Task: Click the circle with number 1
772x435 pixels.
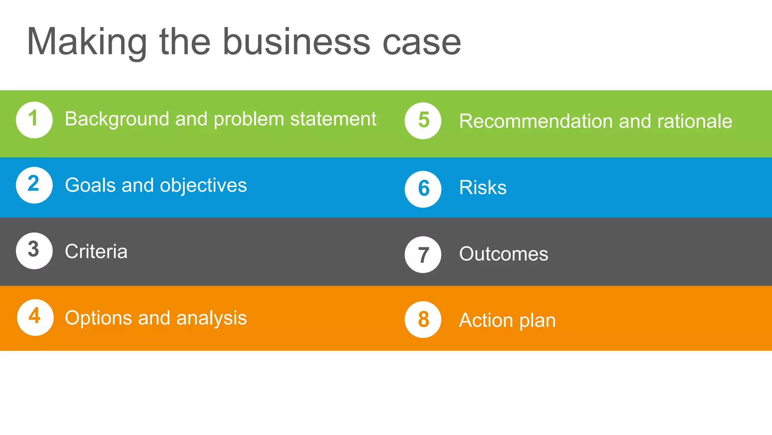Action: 34,120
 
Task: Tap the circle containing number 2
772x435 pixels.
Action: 34,185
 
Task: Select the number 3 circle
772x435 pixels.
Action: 34,251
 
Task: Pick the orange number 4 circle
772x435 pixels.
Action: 35,317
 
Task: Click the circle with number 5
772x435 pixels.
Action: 423,121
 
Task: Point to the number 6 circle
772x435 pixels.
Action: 423,189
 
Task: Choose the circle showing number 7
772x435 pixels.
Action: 423,255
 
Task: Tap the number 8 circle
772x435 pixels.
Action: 423,319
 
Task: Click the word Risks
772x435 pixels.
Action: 482,187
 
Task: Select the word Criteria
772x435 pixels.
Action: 96,251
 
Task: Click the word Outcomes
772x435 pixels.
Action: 503,254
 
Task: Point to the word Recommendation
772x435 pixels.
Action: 536,121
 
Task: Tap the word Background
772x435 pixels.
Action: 117,119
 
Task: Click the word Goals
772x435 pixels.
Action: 90,185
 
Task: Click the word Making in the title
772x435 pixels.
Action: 87,42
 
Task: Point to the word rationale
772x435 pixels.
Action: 694,121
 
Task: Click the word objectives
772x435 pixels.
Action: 203,185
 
